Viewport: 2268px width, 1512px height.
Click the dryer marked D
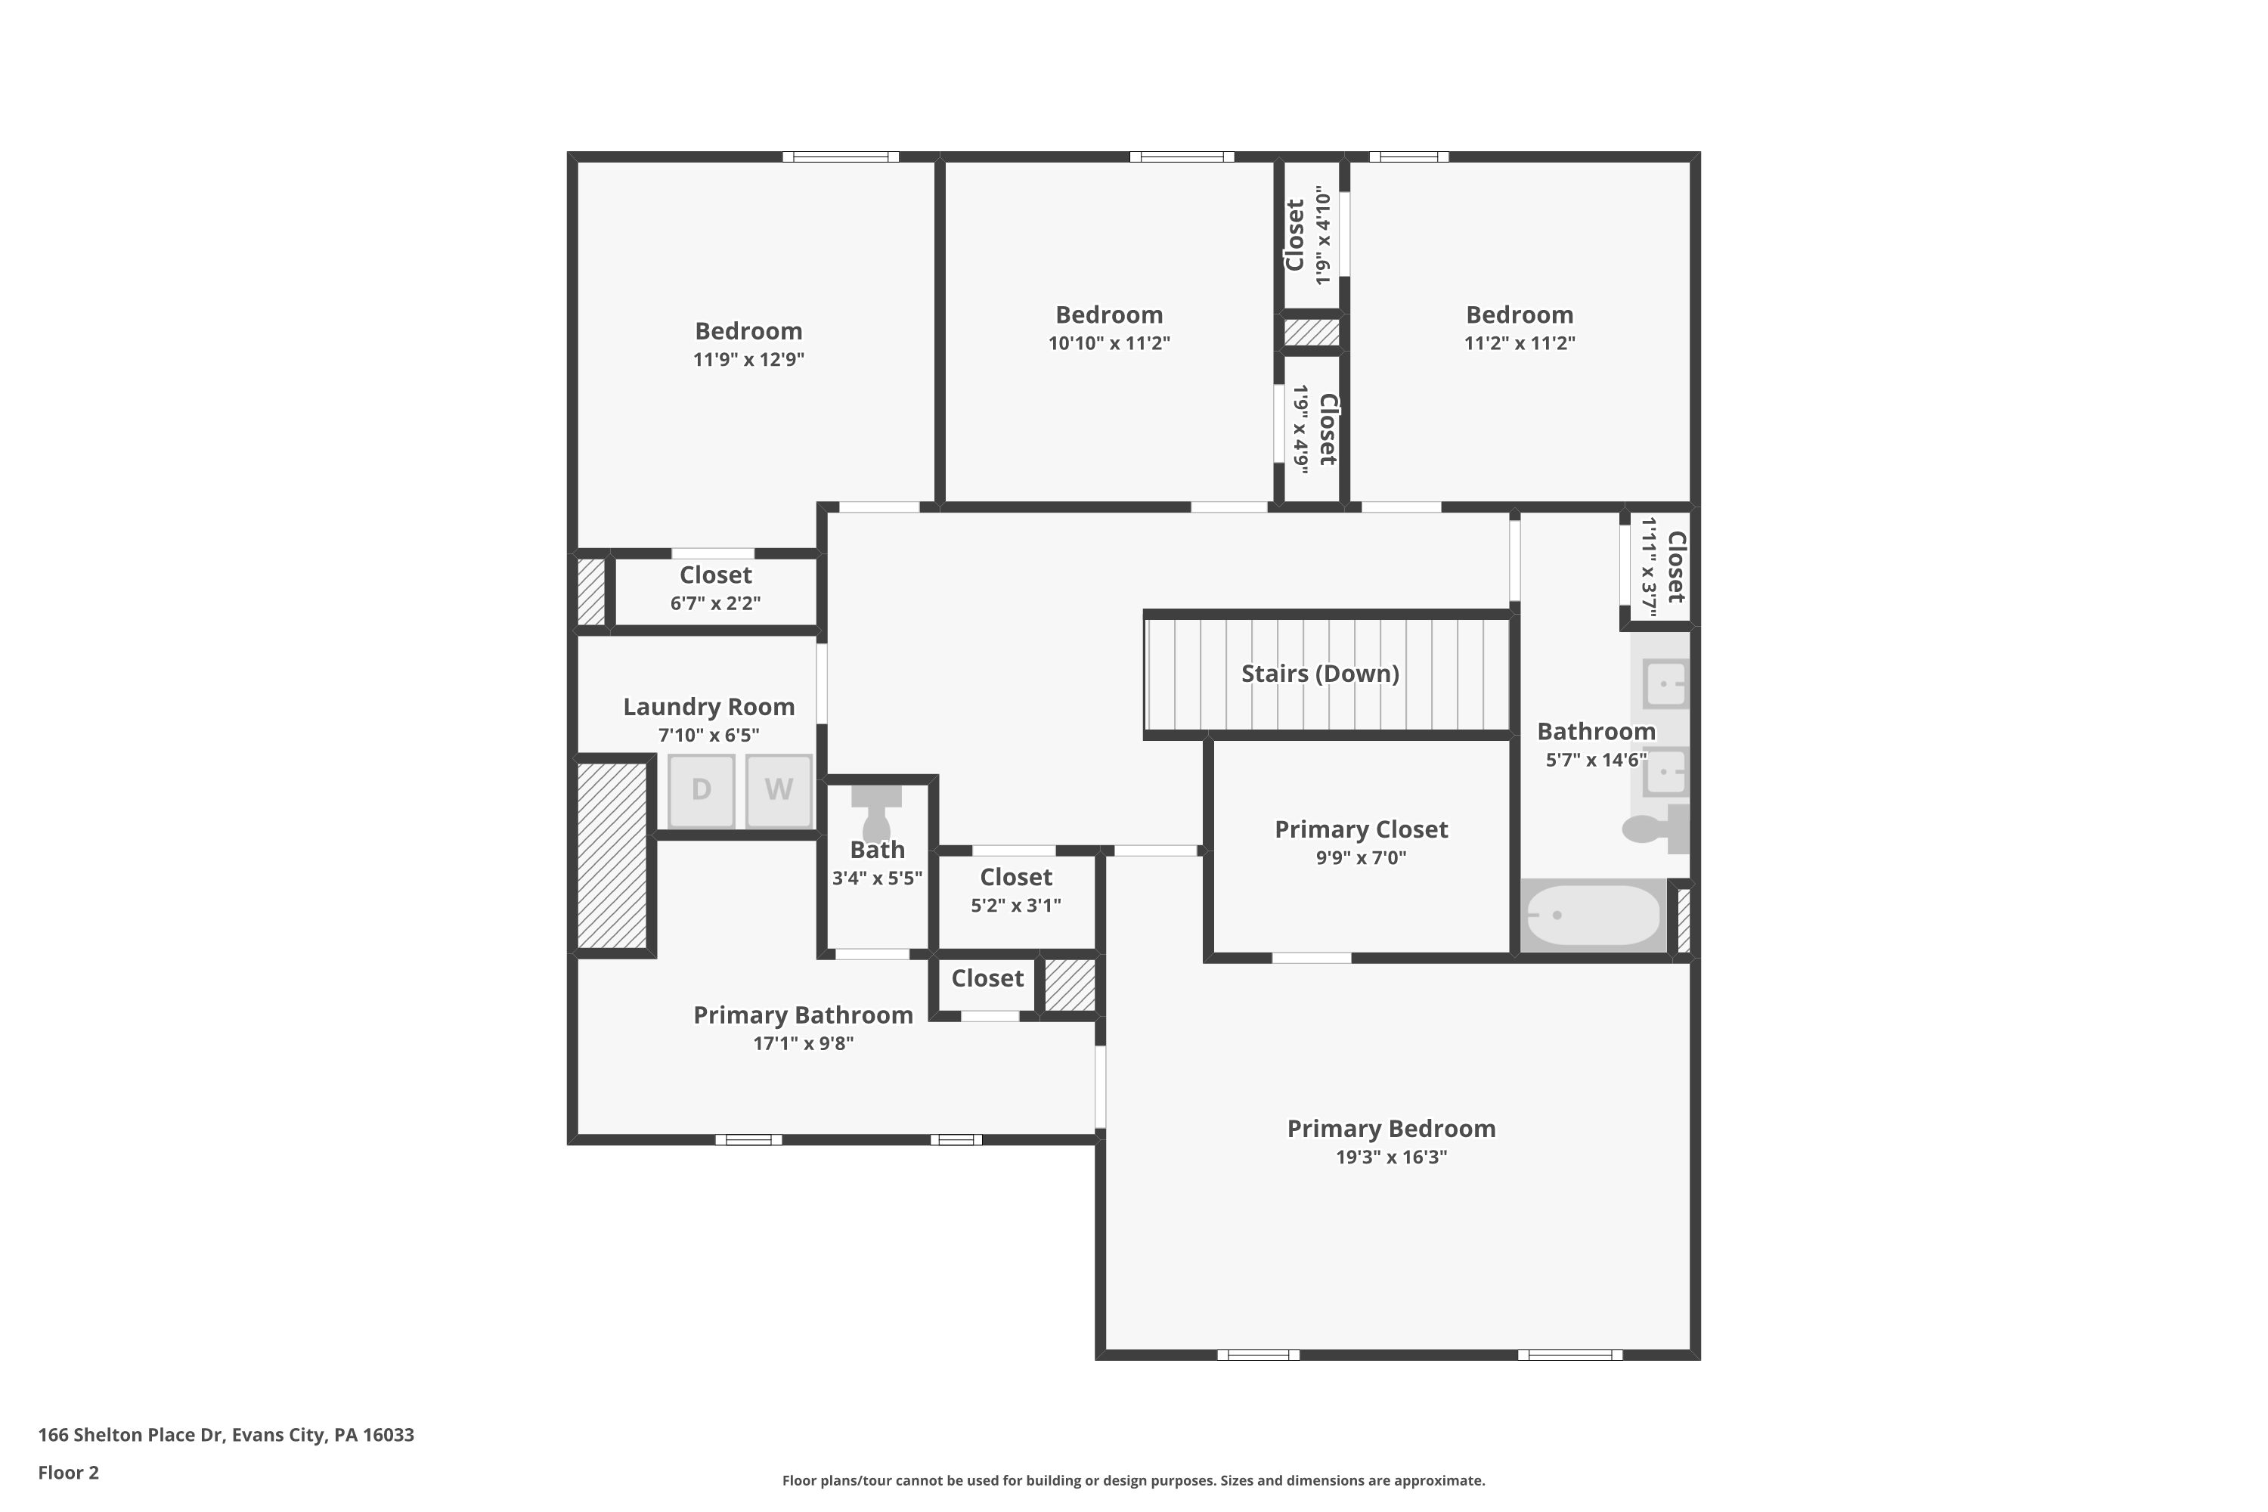coord(701,790)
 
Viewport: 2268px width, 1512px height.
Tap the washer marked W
coord(778,790)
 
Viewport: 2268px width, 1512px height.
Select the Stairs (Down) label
coord(1319,673)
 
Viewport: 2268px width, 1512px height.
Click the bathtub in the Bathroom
coord(1593,914)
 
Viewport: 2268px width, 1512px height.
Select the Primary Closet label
coord(1361,829)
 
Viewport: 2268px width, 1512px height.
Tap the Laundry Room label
coord(709,707)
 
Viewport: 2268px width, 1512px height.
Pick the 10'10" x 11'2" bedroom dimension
coord(1109,343)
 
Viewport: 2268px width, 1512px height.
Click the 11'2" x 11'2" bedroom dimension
coord(1519,343)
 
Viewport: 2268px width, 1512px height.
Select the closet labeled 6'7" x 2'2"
coord(714,588)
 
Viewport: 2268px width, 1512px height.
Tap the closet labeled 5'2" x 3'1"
coord(1015,890)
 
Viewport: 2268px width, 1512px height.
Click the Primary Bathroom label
coord(802,1015)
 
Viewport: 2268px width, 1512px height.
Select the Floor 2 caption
coord(69,1473)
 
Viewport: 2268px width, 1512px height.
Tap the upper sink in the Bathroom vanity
coord(1665,683)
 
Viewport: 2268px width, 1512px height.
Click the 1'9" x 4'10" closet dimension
coord(1323,237)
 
